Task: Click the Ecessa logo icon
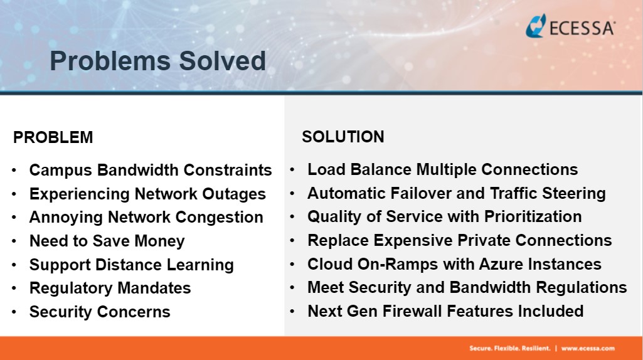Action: (x=536, y=26)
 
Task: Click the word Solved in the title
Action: (x=222, y=61)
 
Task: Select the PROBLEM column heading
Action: (x=53, y=137)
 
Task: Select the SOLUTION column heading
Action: (x=343, y=137)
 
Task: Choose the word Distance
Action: (x=128, y=265)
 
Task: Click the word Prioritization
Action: (x=533, y=216)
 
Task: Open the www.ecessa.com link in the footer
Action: (x=588, y=349)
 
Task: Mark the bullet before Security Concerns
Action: (x=14, y=312)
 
